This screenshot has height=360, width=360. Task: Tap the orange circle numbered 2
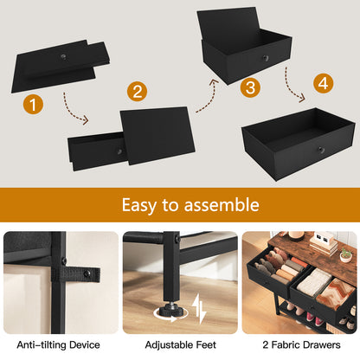tap(137, 92)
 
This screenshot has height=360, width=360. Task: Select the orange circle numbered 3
tap(250, 87)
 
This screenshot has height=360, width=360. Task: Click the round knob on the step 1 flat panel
tap(62, 56)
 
